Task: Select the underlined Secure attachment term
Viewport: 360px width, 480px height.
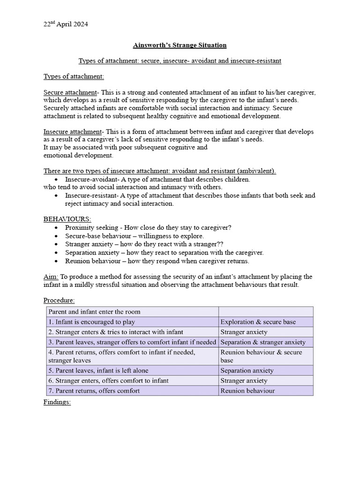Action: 65,93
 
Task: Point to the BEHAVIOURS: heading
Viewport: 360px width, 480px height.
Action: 67,219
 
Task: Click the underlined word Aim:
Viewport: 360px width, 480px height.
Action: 51,277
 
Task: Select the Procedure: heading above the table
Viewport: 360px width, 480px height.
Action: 59,300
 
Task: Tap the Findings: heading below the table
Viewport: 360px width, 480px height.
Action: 57,402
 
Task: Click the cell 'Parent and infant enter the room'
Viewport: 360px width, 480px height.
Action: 94,312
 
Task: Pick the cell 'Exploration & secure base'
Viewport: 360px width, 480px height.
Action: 258,322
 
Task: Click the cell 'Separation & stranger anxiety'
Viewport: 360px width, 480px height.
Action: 263,342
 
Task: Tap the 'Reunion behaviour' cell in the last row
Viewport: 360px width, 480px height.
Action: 247,391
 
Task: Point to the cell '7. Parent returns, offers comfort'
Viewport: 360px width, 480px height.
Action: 94,391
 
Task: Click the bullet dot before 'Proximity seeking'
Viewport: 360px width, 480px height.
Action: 57,228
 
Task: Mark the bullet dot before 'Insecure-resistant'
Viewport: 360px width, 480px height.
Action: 57,195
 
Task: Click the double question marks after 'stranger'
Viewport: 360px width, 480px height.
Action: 220,244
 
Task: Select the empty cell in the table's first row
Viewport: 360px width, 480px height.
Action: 265,312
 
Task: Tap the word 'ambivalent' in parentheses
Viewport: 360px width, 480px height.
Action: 256,171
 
